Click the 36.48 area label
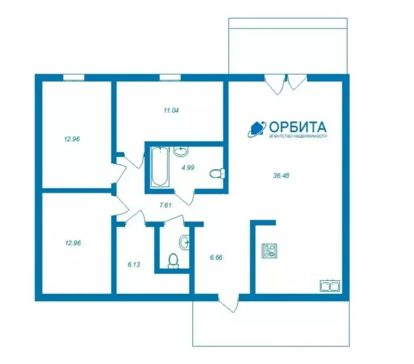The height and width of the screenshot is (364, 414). [281, 175]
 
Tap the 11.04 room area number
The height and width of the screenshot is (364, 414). [171, 110]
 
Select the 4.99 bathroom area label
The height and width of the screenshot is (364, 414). [188, 167]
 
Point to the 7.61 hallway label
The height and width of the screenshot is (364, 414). [165, 205]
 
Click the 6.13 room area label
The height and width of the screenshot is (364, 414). [134, 264]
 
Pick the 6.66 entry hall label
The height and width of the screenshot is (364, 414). [216, 257]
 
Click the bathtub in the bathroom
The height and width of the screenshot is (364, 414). [160, 167]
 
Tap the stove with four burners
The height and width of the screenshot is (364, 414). [270, 251]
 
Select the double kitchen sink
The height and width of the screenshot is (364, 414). [330, 285]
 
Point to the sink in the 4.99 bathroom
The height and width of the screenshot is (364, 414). [181, 151]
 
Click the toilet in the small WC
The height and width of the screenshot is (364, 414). [173, 261]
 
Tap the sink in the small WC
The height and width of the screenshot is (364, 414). [184, 242]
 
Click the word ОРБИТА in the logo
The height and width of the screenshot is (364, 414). [297, 127]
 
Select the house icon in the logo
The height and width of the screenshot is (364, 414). [257, 129]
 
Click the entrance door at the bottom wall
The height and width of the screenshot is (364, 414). [229, 303]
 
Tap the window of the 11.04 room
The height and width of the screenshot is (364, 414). [170, 77]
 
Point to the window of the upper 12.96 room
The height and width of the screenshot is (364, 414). [74, 77]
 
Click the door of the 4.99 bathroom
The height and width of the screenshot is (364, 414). [184, 197]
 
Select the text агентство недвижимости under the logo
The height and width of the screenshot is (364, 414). [297, 136]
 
